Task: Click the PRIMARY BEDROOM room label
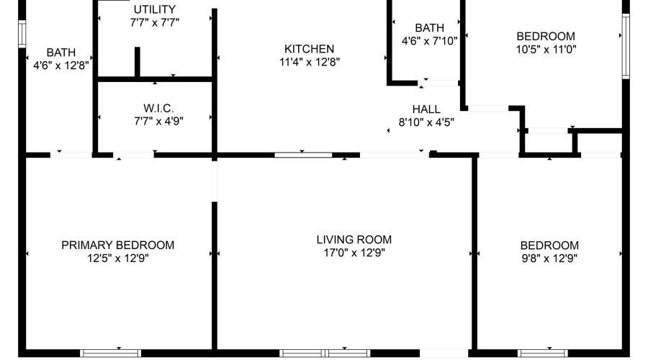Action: coord(117,246)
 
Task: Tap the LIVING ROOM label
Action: coord(354,240)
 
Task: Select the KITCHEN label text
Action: coord(309,49)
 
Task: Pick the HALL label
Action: coord(426,109)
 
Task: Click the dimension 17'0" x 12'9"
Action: coord(354,253)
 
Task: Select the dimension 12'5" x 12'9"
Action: coord(117,258)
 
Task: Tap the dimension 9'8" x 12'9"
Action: coord(549,258)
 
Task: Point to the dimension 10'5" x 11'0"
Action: coord(546,50)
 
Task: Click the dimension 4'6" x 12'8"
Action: coord(60,66)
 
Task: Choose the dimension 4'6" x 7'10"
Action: coord(429,40)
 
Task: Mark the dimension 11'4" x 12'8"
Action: coord(309,62)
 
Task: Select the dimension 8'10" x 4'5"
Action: coord(426,122)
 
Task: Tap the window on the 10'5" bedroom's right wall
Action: coord(626,45)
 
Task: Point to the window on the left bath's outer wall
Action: coord(22,33)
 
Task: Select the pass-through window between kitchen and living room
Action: coord(303,154)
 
